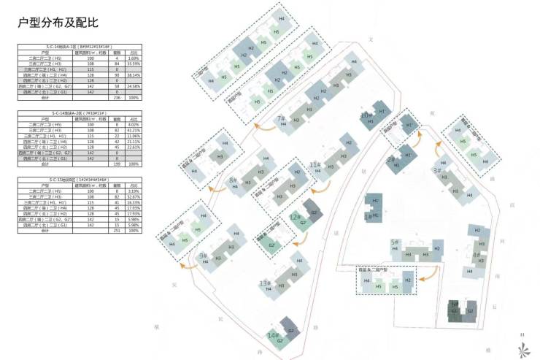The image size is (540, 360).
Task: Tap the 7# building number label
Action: (x=280, y=118)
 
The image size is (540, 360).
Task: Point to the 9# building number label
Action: (x=202, y=256)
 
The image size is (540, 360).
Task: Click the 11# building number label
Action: (x=315, y=164)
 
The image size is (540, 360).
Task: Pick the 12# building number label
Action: (x=294, y=217)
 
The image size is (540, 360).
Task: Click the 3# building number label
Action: (x=437, y=170)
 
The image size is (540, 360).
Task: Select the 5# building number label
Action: (x=394, y=242)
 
